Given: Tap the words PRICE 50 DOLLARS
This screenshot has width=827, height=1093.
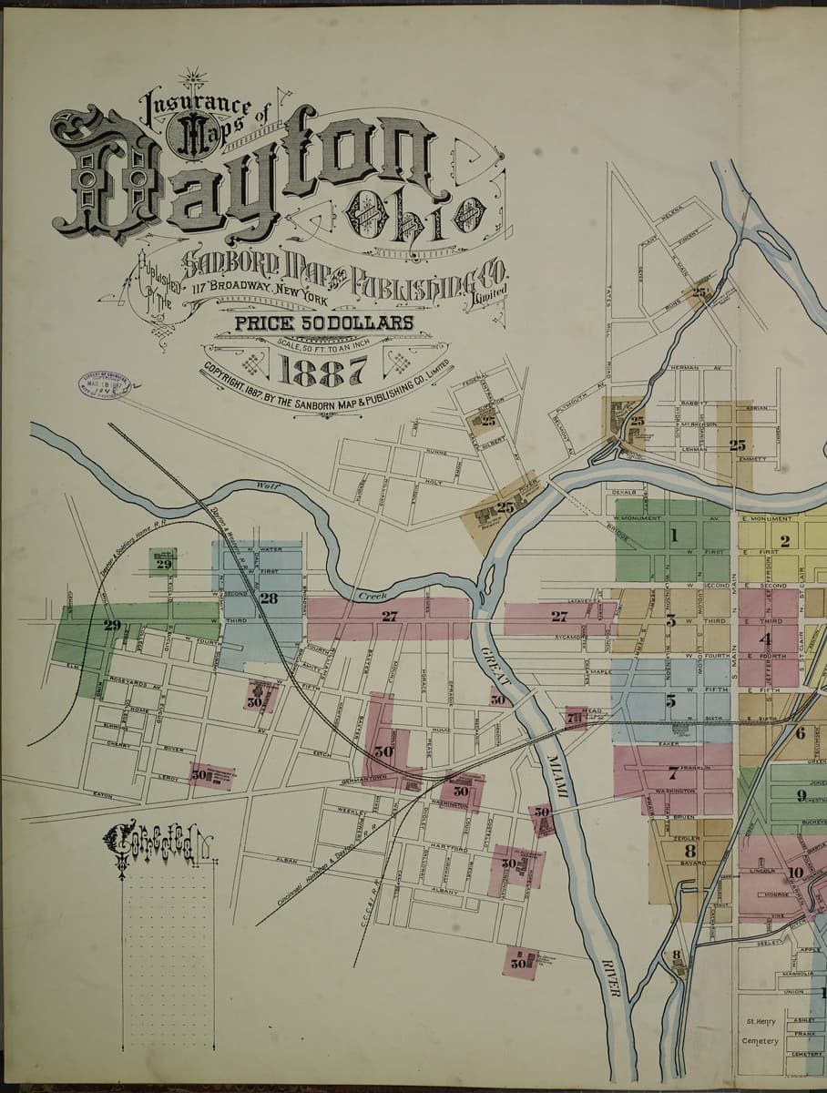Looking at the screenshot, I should tap(324, 322).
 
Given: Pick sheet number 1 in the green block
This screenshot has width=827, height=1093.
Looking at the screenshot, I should tap(674, 536).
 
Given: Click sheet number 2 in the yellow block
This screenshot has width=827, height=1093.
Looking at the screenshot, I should tap(784, 541).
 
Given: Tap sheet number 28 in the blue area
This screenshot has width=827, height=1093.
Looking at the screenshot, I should tap(269, 598).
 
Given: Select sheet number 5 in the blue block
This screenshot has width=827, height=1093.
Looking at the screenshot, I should tap(670, 700).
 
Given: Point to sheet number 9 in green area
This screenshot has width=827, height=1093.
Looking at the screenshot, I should tap(801, 795).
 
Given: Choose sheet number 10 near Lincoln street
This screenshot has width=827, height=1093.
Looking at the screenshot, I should tap(795, 872).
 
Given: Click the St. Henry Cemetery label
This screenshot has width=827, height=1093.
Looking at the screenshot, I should tap(761, 1031).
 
